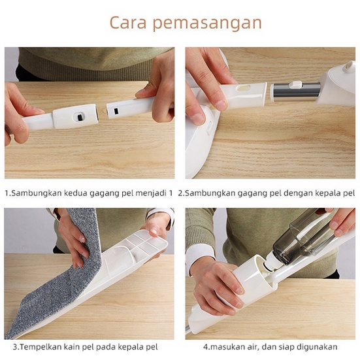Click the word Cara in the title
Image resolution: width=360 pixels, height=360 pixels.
tap(128, 22)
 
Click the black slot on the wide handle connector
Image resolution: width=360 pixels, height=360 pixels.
tap(80, 117)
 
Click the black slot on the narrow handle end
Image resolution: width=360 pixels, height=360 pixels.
tap(116, 111)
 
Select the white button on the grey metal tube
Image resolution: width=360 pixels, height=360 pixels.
tap(295, 84)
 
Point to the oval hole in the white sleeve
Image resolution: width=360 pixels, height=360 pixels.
tap(244, 88)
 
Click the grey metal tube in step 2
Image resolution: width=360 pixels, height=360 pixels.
tap(297, 90)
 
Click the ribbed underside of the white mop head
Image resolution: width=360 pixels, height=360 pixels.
tap(135, 248)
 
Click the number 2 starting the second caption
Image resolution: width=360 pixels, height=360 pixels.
tap(180, 193)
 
